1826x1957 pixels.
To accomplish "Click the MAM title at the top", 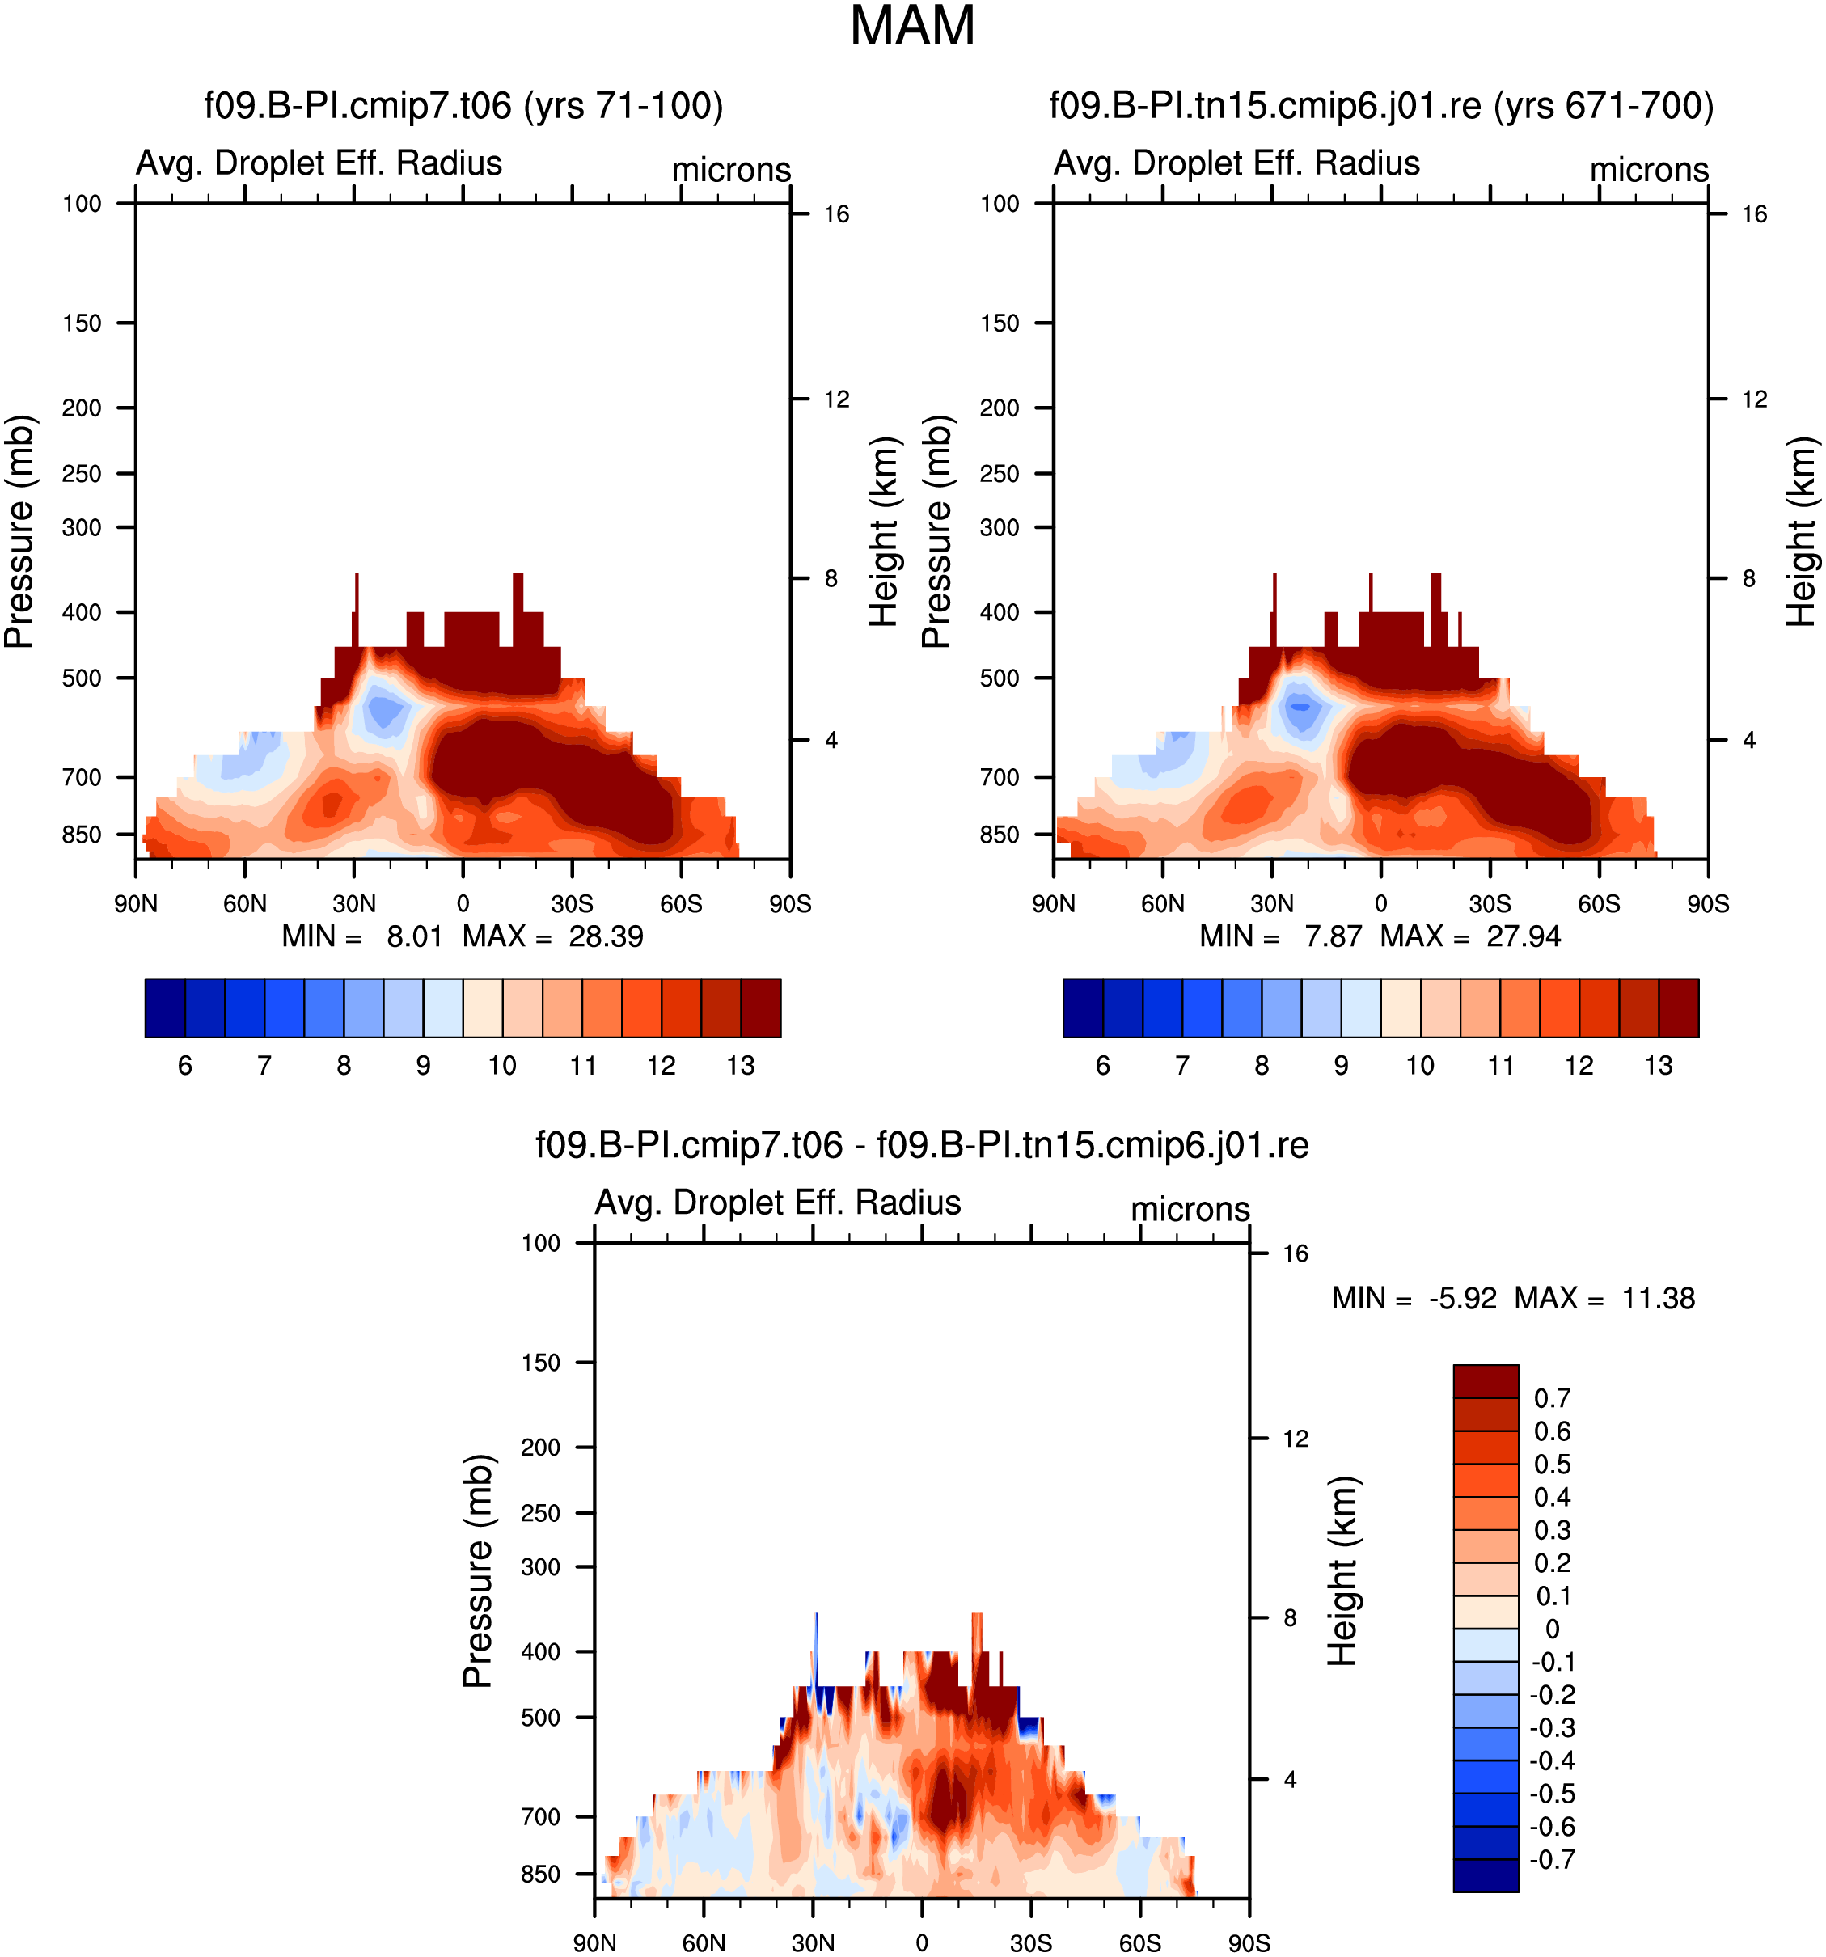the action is [911, 26].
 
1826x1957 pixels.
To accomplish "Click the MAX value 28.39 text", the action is [606, 936].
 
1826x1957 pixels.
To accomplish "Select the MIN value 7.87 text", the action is [1333, 936].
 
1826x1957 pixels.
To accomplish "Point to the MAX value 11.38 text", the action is [1658, 1299].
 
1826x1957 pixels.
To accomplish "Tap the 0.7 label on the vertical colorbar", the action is [1553, 1398].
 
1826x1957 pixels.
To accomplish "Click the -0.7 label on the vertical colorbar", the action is [1553, 1859].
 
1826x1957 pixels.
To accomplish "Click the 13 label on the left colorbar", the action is [740, 1065].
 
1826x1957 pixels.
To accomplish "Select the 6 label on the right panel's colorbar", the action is [1102, 1065].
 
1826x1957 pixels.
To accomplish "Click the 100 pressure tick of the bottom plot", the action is [540, 1243].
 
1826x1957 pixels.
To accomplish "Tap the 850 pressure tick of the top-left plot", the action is [82, 835].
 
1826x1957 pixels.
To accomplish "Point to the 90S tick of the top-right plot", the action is [1707, 903].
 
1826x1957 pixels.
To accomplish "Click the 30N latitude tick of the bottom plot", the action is [813, 1943].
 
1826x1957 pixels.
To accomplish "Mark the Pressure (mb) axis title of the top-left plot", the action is [19, 531].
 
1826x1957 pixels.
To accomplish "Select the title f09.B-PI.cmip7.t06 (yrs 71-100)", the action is [463, 105].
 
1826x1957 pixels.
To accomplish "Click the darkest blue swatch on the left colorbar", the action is [164, 1008].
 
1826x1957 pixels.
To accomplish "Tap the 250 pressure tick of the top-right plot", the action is [1000, 474].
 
